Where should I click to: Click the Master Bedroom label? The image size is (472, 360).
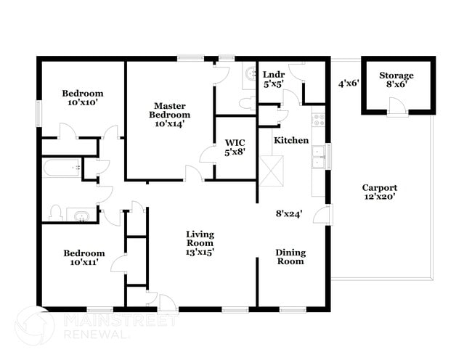click(x=170, y=114)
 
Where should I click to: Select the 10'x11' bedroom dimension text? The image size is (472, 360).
click(x=84, y=263)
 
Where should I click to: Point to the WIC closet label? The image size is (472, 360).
click(x=235, y=142)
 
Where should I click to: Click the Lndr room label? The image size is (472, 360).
click(x=273, y=75)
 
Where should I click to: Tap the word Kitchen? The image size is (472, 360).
click(x=291, y=140)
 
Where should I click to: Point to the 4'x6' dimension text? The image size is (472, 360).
click(x=349, y=83)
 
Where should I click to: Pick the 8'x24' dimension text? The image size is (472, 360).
click(x=288, y=214)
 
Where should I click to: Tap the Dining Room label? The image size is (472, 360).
click(x=290, y=257)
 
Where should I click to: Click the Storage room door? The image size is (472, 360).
click(x=397, y=107)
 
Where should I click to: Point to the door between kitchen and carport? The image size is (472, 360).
click(x=325, y=215)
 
